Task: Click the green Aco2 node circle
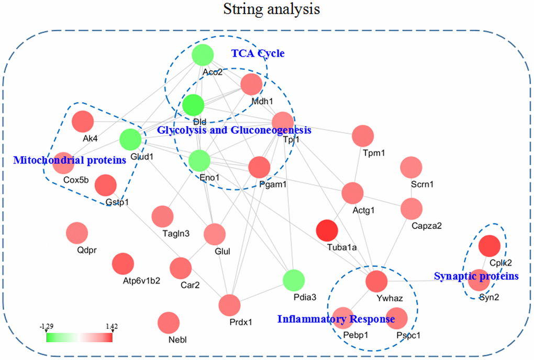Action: (203, 55)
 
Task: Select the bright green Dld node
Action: (193, 105)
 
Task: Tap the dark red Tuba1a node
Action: (327, 231)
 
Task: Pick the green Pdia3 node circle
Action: (294, 280)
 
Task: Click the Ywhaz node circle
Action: (376, 281)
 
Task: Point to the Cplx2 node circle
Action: (489, 246)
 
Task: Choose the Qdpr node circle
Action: (77, 233)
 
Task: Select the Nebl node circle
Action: (169, 323)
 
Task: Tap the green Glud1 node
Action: (130, 139)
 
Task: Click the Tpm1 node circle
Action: (363, 136)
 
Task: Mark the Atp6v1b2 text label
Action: (141, 281)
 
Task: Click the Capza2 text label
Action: (426, 226)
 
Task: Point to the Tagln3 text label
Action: (176, 234)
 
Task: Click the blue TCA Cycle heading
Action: (258, 53)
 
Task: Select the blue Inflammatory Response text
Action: (336, 319)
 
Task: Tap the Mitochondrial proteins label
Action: (70, 160)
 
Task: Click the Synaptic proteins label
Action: (476, 276)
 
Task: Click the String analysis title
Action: (271, 9)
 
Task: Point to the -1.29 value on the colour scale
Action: (46, 326)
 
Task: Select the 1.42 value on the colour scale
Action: (112, 326)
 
